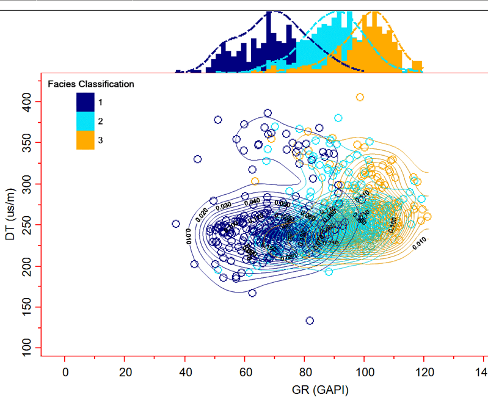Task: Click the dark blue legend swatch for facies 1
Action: click(85, 101)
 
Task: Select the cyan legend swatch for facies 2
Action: click(85, 121)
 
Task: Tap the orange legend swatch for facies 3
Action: click(85, 140)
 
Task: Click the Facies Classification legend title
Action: click(91, 84)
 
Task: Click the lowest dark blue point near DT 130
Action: click(310, 321)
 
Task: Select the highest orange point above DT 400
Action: click(360, 97)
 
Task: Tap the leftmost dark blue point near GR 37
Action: click(176, 224)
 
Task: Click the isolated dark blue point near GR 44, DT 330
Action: click(197, 159)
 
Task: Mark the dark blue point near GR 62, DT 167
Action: click(252, 293)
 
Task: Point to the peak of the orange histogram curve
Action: click(374, 12)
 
